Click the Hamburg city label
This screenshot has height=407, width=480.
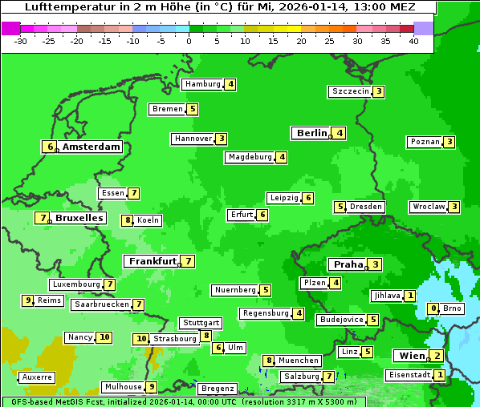click(x=202, y=84)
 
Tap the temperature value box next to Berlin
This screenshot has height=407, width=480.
click(x=340, y=133)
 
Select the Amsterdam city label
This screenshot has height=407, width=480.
click(x=91, y=147)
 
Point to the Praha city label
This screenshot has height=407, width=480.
click(x=348, y=264)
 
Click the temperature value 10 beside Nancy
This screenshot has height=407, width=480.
click(x=104, y=337)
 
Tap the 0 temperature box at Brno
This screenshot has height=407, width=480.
click(x=433, y=308)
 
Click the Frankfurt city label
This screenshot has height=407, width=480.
click(x=152, y=261)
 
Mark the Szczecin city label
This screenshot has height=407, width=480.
click(x=351, y=91)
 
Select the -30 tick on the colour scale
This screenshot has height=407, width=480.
click(x=20, y=41)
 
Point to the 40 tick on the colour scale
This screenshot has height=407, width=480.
click(x=413, y=41)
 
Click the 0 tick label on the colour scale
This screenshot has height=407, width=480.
click(x=189, y=41)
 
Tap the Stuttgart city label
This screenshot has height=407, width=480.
click(x=200, y=323)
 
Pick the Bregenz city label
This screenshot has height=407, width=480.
click(x=217, y=389)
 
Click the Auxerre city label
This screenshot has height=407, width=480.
click(x=36, y=377)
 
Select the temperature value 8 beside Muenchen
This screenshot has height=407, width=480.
click(x=269, y=361)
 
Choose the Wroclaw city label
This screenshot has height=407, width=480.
click(x=429, y=207)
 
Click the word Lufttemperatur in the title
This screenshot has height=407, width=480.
click(x=63, y=7)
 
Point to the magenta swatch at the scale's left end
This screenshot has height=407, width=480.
click(x=10, y=28)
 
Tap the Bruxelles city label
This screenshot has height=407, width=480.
click(x=79, y=218)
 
